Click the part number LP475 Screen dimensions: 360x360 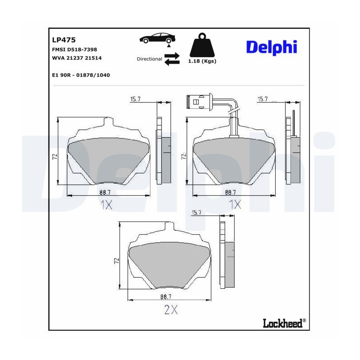(64, 40)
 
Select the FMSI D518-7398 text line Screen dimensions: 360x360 (75, 50)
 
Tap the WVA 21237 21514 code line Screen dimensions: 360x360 (77, 58)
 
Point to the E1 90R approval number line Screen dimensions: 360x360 (81, 75)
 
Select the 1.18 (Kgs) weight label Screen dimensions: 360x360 (202, 61)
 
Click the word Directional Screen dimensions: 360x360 (150, 59)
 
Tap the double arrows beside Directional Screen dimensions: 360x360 (172, 59)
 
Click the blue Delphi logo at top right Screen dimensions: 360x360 (272, 48)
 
